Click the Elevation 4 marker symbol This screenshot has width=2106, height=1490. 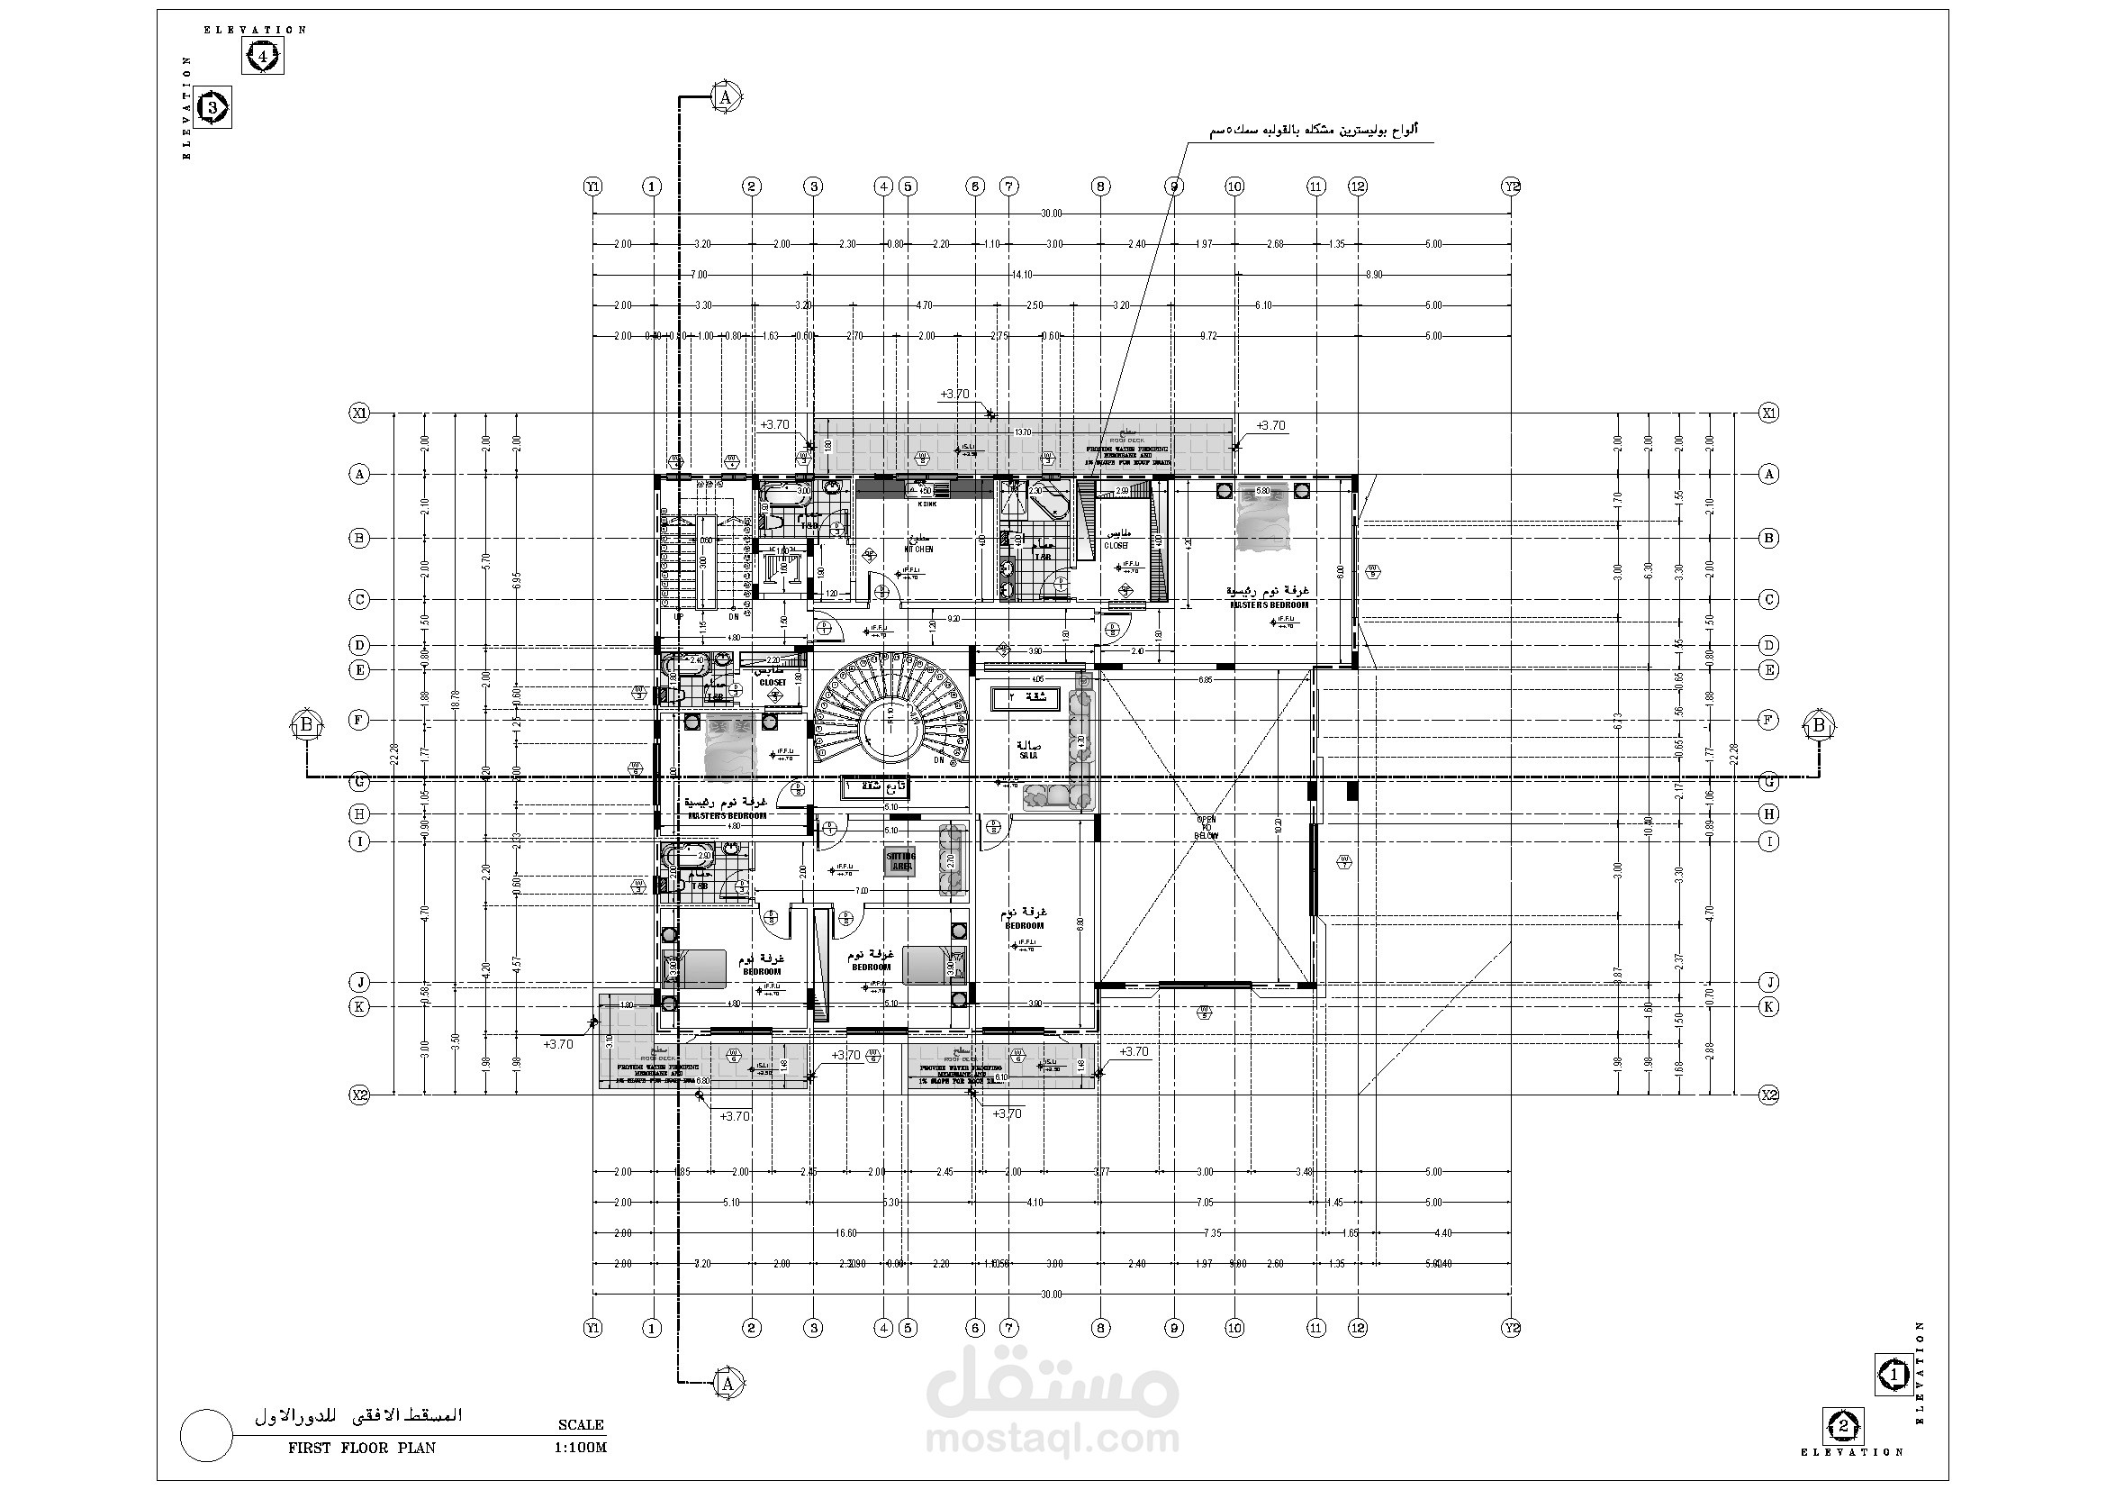[x=263, y=57]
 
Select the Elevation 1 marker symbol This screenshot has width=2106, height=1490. [x=1894, y=1376]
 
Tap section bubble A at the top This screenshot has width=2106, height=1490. [x=727, y=96]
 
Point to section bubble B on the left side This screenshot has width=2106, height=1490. [x=306, y=725]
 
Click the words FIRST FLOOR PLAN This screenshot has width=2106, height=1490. [x=361, y=1449]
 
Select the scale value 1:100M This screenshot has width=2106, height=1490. [x=581, y=1449]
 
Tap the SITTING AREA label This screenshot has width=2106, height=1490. [x=900, y=860]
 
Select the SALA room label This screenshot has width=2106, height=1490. [x=1027, y=756]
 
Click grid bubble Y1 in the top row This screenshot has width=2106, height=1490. [x=593, y=186]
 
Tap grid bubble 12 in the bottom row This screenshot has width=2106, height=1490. [x=1358, y=1328]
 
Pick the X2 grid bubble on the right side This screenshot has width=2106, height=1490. [x=1768, y=1095]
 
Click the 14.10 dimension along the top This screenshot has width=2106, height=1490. [x=1021, y=275]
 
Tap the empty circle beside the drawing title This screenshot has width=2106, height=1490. [x=206, y=1435]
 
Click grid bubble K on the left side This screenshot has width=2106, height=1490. [x=359, y=1006]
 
